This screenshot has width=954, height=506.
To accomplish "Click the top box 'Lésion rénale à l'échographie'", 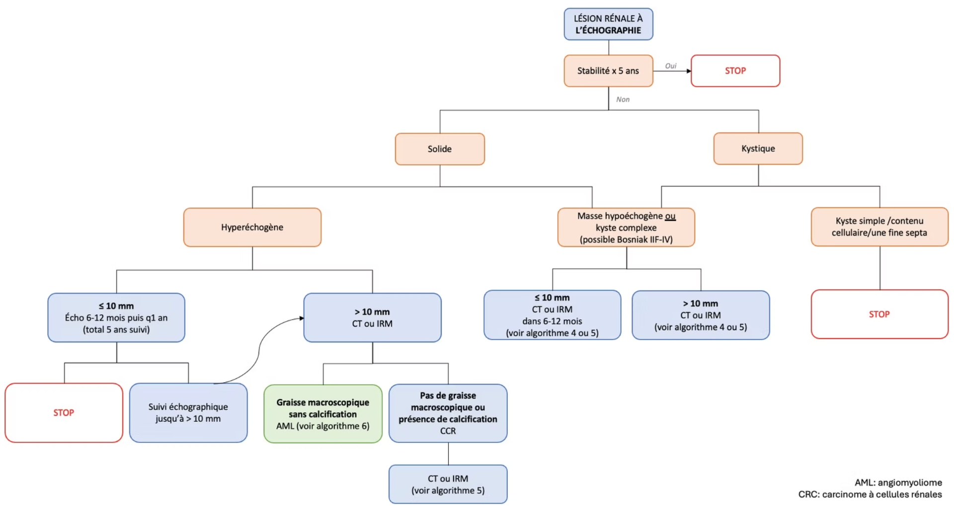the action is pos(608,24).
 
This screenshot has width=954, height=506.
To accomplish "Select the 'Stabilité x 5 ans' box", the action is pos(608,71).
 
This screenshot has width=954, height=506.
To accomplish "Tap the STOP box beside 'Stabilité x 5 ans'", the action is pos(735,71).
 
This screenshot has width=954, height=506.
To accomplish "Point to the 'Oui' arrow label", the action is pos(671,66).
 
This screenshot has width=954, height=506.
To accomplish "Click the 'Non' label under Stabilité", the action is pos(623,99).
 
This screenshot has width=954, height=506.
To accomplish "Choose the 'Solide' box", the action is pos(440,149).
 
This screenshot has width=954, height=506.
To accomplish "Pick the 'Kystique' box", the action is pos(758,148).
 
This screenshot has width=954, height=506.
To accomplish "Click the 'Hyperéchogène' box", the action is pos(252,227).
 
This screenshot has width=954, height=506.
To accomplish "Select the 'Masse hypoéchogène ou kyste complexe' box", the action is pos(626,227).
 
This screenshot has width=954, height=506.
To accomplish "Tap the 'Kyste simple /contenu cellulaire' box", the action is pos(879,227).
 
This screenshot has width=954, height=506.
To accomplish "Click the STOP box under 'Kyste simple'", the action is pos(879,314).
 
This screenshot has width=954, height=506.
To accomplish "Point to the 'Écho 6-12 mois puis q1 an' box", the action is pos(116,318).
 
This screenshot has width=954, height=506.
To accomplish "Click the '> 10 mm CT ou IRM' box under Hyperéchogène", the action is pos(372,318).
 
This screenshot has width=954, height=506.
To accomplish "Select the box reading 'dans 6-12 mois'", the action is pos(552,315).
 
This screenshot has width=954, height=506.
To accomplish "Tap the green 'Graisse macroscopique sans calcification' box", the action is pos(323,414).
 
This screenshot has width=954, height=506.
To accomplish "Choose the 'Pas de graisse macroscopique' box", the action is pos(448,413).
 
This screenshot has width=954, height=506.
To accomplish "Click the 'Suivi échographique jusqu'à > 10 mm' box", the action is pos(188,413).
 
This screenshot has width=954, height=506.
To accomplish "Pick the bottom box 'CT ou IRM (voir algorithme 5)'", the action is pos(448,484).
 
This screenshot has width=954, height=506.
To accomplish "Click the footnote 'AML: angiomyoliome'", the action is pos(898,483).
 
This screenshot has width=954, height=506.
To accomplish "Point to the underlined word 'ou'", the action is pos(670,216).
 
